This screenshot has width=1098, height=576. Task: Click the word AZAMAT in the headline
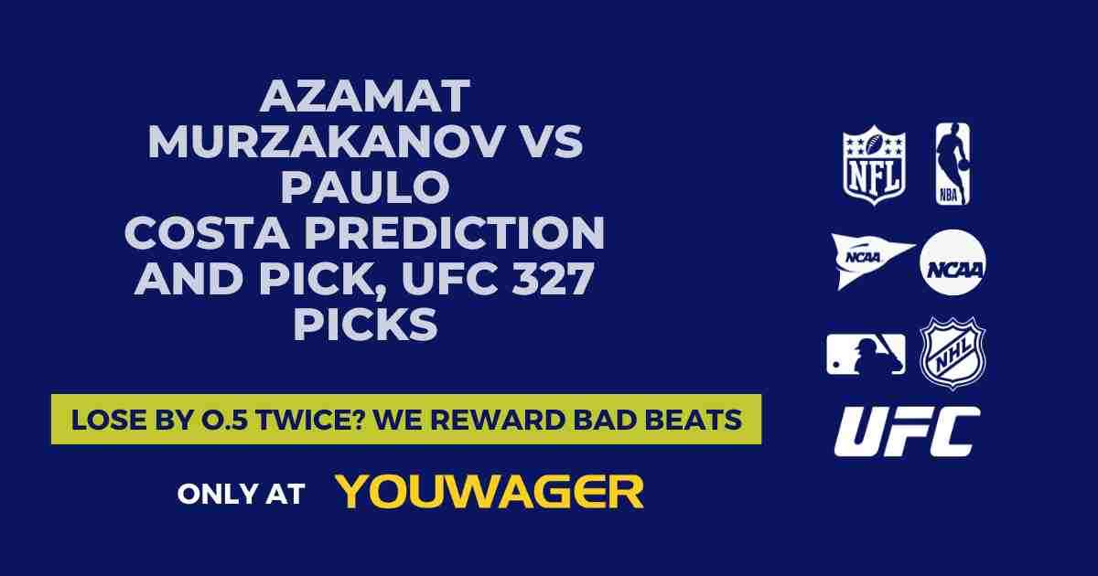click(365, 96)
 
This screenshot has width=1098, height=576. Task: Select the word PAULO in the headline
click(365, 187)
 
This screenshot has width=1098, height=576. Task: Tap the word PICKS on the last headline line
click(365, 325)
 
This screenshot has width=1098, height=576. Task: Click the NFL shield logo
click(874, 165)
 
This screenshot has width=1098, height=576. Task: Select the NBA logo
click(953, 165)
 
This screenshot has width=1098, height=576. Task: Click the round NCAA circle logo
click(953, 262)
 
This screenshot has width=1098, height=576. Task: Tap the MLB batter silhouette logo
click(866, 354)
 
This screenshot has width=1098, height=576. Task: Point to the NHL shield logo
click(953, 353)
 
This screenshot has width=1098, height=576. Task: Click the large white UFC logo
click(907, 432)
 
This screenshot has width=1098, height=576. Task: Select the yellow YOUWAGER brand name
click(490, 492)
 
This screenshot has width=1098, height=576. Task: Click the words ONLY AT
click(241, 494)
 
